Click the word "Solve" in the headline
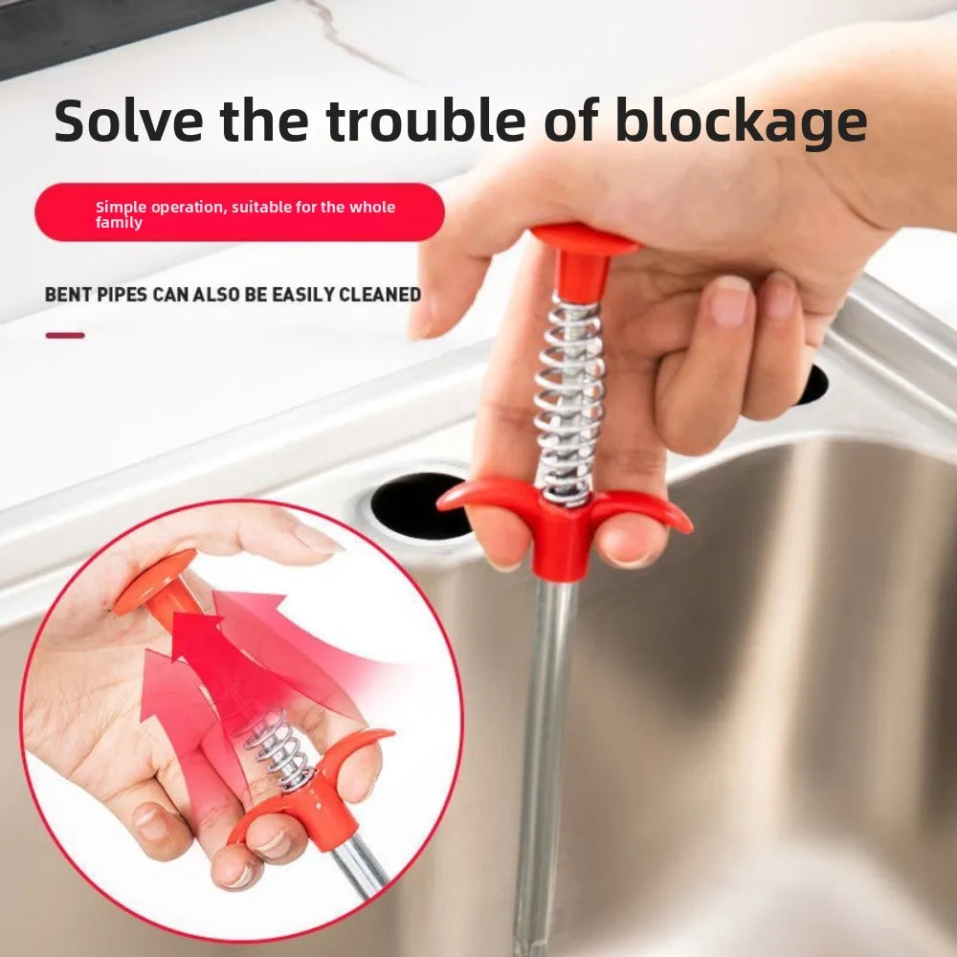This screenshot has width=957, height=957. (126, 122)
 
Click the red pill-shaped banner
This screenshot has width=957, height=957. (239, 212)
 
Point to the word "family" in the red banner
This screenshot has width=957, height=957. (119, 223)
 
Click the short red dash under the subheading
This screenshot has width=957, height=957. (65, 335)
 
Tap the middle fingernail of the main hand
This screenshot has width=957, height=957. (781, 298)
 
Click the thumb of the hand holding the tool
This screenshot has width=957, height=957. (450, 278)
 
